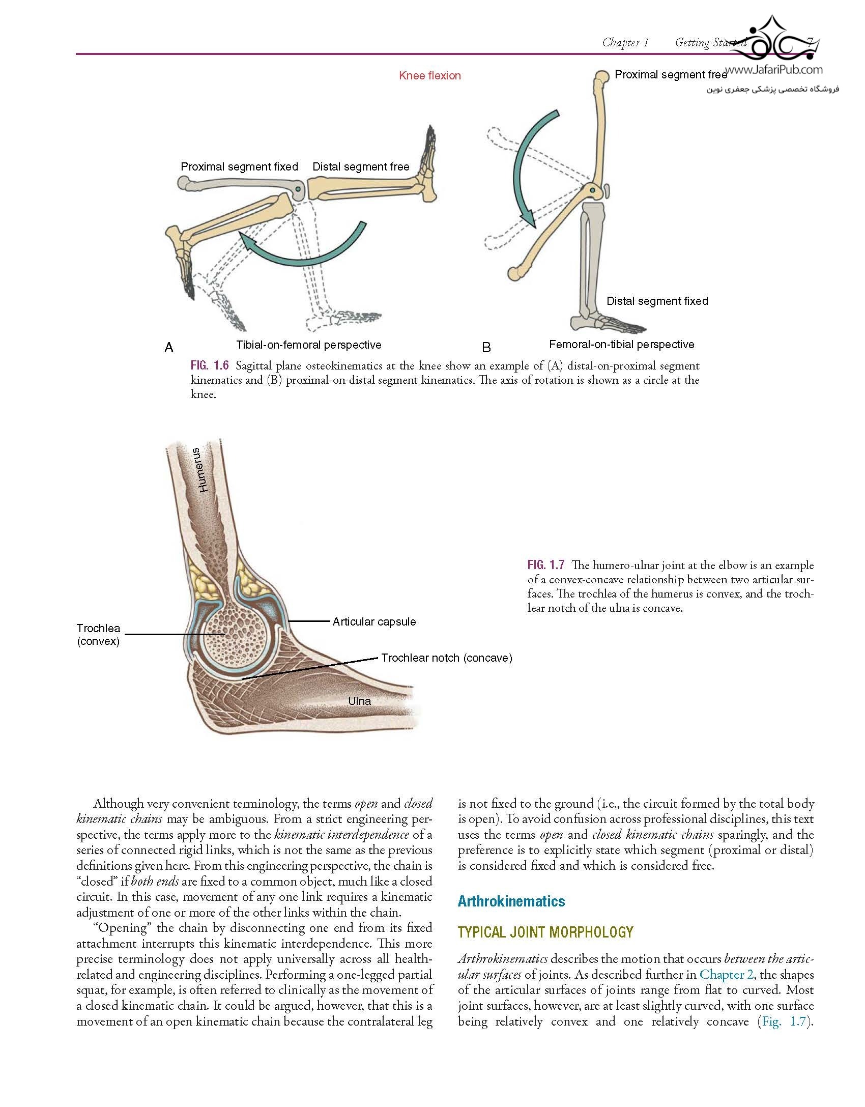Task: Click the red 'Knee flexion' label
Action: [x=430, y=76]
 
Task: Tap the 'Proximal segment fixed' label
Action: [x=240, y=167]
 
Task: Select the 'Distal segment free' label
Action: [x=361, y=167]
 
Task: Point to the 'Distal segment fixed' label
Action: [x=657, y=301]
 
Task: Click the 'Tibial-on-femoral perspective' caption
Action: [x=309, y=345]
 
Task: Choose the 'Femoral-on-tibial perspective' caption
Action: [x=622, y=345]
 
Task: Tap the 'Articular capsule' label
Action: [x=374, y=621]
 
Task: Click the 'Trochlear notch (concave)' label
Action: [x=447, y=658]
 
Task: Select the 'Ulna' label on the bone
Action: [x=359, y=701]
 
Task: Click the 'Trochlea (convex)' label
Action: [x=98, y=635]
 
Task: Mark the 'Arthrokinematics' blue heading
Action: [x=511, y=901]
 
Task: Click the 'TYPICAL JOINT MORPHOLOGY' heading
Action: [x=545, y=932]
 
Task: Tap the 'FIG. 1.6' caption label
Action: [x=210, y=365]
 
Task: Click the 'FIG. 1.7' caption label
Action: [x=546, y=565]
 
